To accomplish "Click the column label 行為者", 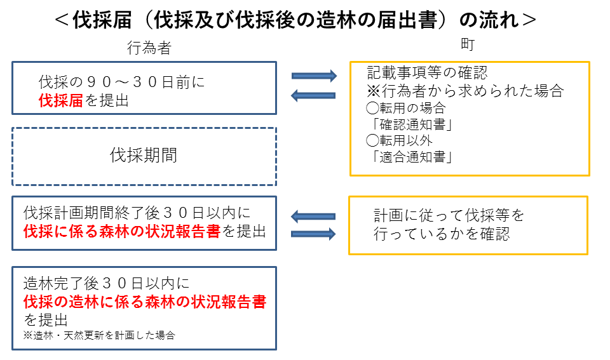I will click(149, 48).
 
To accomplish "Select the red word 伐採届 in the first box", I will click(61, 100).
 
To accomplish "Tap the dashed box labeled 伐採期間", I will click(144, 156).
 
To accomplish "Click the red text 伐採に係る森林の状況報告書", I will click(121, 232).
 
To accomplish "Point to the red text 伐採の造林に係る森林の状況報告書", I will click(145, 302).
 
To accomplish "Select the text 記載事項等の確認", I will click(427, 73).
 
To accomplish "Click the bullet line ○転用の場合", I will click(406, 108).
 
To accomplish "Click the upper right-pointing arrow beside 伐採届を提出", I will click(313, 76).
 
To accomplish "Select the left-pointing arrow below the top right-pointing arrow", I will click(313, 95).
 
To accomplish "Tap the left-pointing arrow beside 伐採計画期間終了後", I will click(313, 217).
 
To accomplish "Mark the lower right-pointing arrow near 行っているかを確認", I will click(313, 234).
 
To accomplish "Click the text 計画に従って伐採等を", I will click(449, 215).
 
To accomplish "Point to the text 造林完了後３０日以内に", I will click(106, 284).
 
